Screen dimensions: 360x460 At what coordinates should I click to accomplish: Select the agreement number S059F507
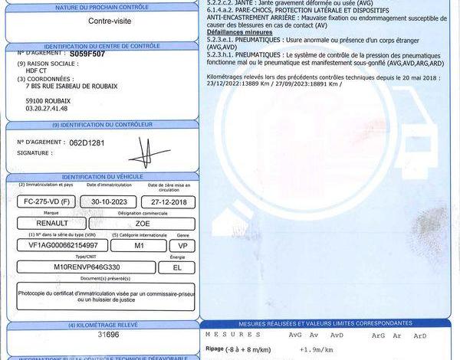point(87,55)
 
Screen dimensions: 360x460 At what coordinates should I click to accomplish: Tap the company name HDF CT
point(37,71)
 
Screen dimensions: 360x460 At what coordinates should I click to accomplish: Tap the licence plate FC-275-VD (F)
point(45,201)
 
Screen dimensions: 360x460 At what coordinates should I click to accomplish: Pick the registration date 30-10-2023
point(107,201)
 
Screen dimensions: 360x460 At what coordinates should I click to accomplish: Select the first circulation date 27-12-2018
point(169,201)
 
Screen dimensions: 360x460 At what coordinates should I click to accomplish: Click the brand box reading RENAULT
point(51,224)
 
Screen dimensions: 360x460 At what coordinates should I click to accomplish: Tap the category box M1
point(140,246)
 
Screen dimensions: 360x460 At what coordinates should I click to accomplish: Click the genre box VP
point(182,246)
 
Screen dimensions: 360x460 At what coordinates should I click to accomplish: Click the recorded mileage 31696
point(108,335)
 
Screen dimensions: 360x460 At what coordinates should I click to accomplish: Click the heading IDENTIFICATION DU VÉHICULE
point(99,177)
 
